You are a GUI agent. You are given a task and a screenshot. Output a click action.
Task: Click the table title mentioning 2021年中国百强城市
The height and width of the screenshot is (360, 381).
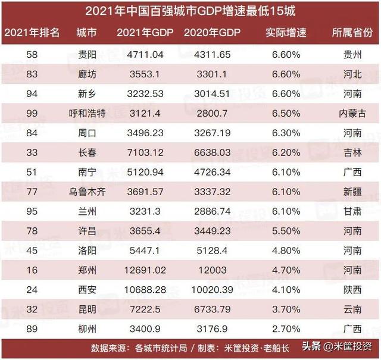coord(190,11)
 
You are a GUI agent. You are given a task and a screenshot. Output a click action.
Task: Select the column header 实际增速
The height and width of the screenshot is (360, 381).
coord(282,32)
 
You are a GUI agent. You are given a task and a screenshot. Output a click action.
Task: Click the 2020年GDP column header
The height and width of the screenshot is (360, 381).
coord(213,32)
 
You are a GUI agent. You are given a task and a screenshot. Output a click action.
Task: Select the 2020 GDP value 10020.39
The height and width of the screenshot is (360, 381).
coord(213,290)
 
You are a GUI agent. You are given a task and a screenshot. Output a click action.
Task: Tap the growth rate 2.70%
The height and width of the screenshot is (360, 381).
coord(282,328)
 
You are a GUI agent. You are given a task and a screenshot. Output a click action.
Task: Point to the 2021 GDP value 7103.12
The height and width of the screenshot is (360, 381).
coord(141,152)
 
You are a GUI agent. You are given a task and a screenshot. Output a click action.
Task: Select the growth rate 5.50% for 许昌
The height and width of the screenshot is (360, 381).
coord(282,230)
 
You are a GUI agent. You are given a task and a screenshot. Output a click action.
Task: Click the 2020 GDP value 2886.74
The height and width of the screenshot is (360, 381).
coord(213,211)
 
